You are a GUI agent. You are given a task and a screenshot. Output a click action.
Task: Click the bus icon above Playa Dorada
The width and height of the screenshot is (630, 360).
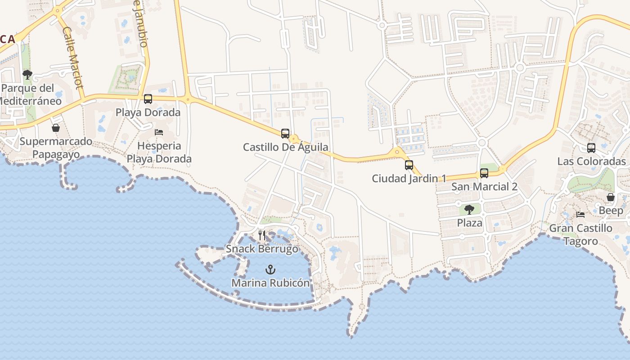[x=148, y=99]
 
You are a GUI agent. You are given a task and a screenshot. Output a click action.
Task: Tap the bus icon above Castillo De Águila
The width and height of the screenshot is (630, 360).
[x=285, y=134]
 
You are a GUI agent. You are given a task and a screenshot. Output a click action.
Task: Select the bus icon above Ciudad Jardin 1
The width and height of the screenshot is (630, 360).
[x=409, y=165]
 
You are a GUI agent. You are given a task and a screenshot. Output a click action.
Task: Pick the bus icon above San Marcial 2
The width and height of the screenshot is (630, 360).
[x=484, y=173]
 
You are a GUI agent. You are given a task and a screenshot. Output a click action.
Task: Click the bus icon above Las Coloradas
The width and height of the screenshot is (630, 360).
[x=591, y=148]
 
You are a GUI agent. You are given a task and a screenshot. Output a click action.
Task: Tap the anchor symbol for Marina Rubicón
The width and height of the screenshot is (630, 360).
[x=270, y=270]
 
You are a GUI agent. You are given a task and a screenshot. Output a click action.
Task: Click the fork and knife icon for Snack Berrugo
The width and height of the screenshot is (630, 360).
[x=262, y=235]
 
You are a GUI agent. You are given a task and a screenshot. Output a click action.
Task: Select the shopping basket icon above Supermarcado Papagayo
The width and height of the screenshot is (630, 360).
[x=55, y=128]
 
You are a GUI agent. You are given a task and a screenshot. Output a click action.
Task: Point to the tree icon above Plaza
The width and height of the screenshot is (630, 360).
[x=469, y=209]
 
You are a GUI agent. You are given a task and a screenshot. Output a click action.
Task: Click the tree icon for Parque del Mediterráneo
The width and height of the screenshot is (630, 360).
[x=27, y=74]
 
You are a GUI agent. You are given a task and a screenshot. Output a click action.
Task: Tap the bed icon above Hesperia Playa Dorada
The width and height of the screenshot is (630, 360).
[x=158, y=132]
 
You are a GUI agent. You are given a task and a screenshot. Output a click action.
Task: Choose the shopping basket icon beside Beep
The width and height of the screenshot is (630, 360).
[x=611, y=197]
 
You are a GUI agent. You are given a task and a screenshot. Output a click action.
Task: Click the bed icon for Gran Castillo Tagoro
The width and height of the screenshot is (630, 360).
[x=580, y=215]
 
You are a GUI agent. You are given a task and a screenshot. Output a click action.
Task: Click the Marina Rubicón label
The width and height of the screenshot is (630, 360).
[x=270, y=283]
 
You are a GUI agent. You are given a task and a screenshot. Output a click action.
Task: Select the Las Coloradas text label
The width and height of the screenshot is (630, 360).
[x=591, y=162]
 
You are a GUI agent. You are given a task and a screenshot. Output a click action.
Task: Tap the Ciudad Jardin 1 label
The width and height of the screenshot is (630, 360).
[x=409, y=179]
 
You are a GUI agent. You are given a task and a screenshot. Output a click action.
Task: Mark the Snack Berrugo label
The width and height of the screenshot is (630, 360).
[x=262, y=249]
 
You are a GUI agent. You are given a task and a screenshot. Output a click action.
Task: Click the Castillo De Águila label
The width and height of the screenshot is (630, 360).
[x=285, y=147]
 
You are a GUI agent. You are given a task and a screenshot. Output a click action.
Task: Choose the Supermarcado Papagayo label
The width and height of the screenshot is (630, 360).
[x=56, y=148]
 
